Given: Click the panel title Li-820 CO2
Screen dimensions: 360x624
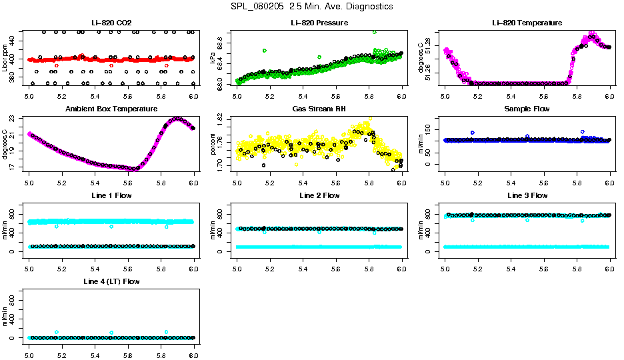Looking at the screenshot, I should pyautogui.click(x=111, y=23).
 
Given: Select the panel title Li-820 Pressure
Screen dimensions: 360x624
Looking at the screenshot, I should pyautogui.click(x=319, y=23).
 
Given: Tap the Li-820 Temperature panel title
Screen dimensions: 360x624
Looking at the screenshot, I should pyautogui.click(x=527, y=23).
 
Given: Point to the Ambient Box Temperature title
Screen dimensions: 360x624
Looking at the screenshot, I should pyautogui.click(x=111, y=109).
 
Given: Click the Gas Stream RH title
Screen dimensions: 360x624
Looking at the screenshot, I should pyautogui.click(x=319, y=109).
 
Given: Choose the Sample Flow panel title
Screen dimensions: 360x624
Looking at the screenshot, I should pyautogui.click(x=527, y=109).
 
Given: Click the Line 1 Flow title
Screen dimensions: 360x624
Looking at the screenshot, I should pyautogui.click(x=111, y=195).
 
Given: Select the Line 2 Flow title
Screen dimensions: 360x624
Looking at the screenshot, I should pyautogui.click(x=319, y=195).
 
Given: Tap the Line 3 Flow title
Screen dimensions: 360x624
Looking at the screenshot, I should pyautogui.click(x=527, y=195).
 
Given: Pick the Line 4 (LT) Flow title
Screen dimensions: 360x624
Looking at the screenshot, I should pyautogui.click(x=111, y=282).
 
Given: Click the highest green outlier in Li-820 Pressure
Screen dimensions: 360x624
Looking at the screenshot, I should pyautogui.click(x=375, y=32).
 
